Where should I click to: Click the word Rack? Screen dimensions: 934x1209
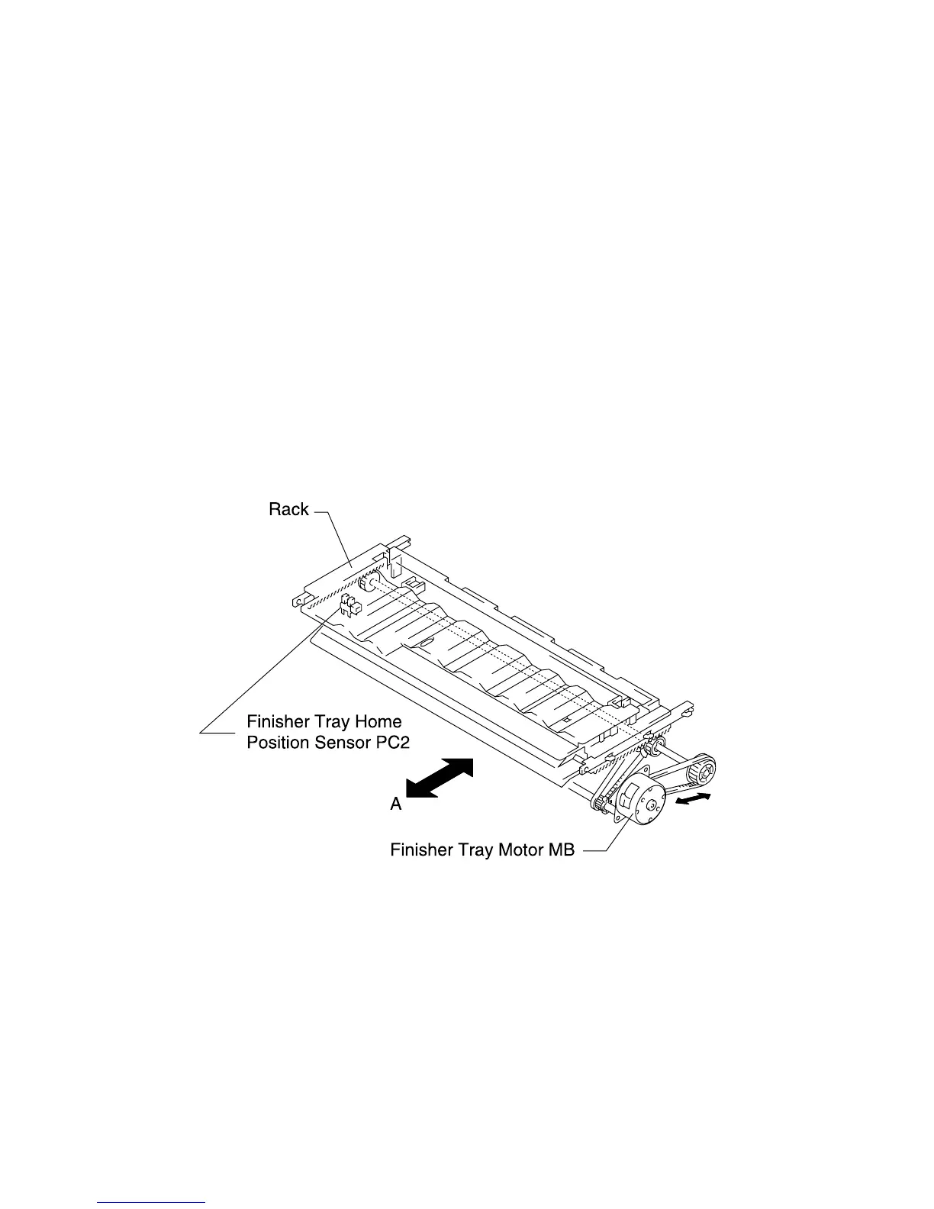288,510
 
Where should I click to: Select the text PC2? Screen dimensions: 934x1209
392,743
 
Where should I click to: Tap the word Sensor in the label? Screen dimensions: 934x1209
340,743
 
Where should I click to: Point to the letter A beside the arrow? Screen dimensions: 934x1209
396,804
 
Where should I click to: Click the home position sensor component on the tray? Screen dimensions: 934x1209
347,605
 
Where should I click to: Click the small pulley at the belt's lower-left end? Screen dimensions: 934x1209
599,803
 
